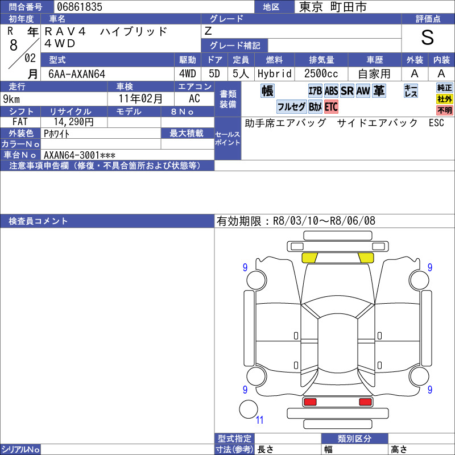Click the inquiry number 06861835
coord(80,7)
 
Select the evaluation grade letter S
coord(428,38)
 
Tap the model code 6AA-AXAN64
coord(77,74)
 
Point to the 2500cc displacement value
coord(321,74)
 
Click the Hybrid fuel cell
coord(275,74)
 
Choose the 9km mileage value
coord(11,99)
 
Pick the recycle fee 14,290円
coord(74,122)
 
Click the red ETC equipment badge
coord(331,107)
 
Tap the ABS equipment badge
coord(331,91)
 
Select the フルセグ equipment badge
coord(291,107)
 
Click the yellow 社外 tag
coord(445,99)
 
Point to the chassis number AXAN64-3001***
coord(80,155)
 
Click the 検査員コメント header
coord(38,221)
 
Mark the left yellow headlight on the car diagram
coord(309,258)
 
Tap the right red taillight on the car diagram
coord(365,402)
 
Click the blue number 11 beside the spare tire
coord(259,420)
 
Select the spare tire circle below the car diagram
coord(249,409)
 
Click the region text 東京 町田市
coord(333,7)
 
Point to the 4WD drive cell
coord(188,74)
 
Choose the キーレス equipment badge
coord(411,90)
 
